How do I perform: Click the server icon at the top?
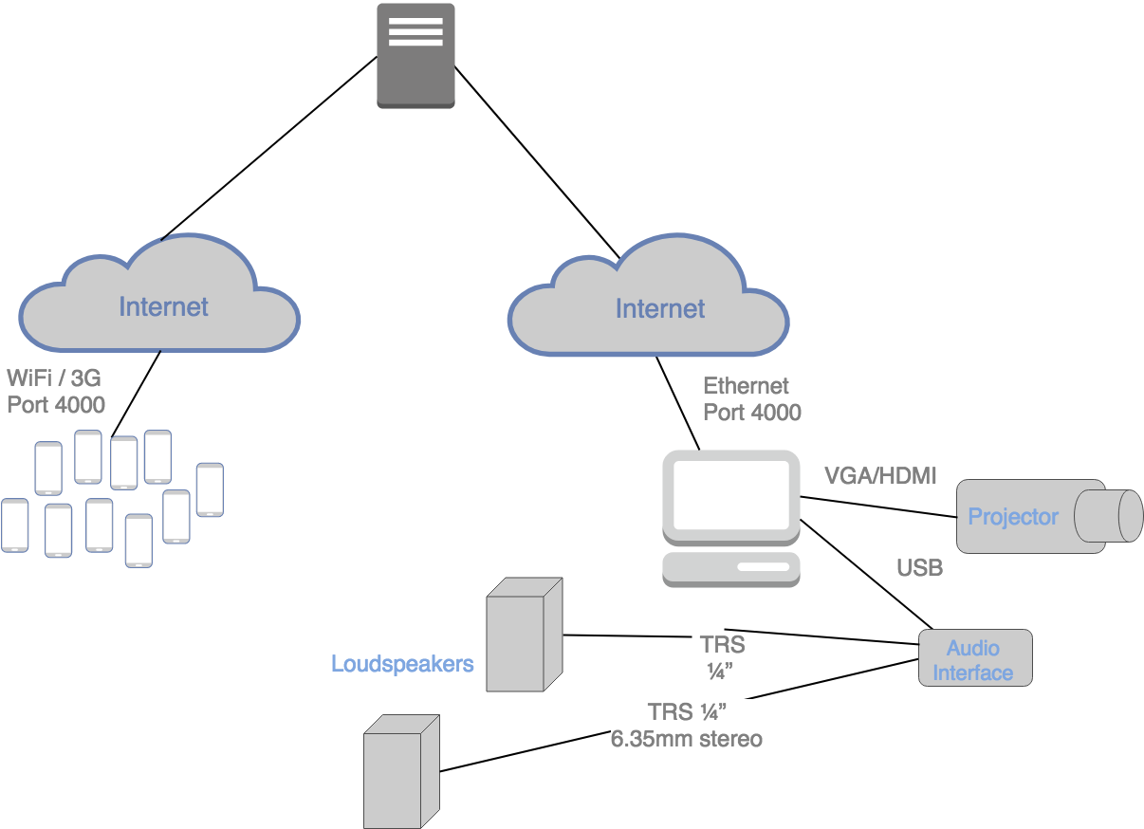pos(415,55)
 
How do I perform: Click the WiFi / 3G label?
pos(54,378)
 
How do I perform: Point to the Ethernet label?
pos(746,386)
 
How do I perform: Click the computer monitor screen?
pos(730,494)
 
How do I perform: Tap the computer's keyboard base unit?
pos(730,567)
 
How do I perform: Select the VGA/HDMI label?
pos(880,476)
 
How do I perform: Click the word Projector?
pos(1012,517)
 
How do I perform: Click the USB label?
pos(919,568)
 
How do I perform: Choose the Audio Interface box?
pos(974,659)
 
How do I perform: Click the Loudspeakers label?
pos(402,664)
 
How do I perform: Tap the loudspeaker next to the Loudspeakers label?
pos(525,634)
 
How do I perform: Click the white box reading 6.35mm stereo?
pos(686,726)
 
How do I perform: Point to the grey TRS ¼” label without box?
pos(722,657)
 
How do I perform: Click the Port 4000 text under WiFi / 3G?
pos(56,405)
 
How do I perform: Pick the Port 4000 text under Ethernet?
pos(751,413)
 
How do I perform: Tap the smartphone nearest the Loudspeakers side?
pos(210,489)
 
